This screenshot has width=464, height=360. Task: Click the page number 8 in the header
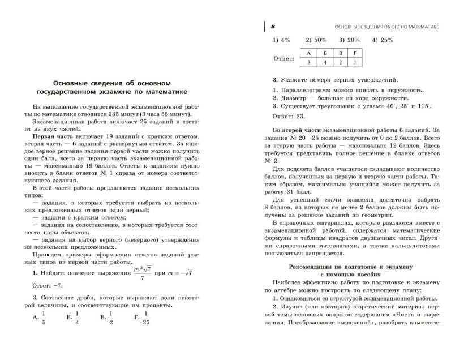(x=273, y=27)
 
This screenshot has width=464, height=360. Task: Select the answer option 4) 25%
(x=383, y=40)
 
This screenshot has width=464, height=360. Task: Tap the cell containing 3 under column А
(x=309, y=62)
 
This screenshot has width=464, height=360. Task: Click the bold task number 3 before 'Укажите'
(x=274, y=80)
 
